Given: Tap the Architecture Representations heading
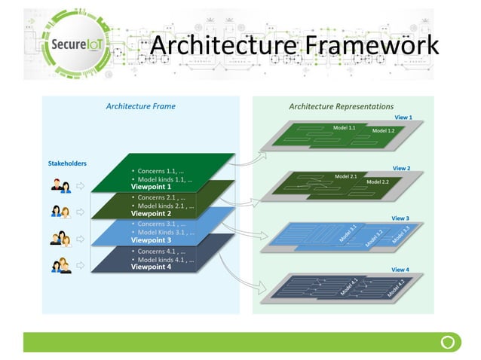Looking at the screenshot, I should click(x=341, y=106).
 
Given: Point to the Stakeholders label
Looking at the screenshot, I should click(x=67, y=163).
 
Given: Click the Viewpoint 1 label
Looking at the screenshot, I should click(x=151, y=187).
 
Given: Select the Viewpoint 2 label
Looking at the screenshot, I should click(x=151, y=213).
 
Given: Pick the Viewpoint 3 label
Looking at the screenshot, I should click(x=151, y=240).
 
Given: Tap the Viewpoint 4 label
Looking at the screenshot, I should click(x=151, y=267).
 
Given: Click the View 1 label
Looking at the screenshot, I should click(x=403, y=118).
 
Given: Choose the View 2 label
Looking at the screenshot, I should click(x=400, y=169).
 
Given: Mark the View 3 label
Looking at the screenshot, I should click(x=400, y=218).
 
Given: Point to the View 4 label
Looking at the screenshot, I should click(x=400, y=269).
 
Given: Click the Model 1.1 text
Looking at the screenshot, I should click(x=344, y=128).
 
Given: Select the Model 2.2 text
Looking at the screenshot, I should click(x=377, y=182).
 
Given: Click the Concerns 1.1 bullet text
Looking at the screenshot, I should click(x=161, y=171).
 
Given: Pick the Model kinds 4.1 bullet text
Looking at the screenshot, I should click(x=165, y=259).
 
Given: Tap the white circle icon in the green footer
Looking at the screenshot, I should click(x=447, y=342).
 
